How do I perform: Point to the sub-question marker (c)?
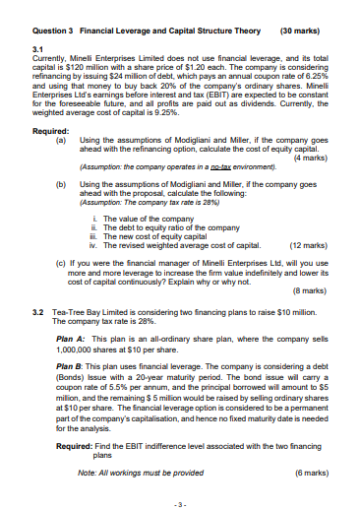(x=62, y=263)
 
